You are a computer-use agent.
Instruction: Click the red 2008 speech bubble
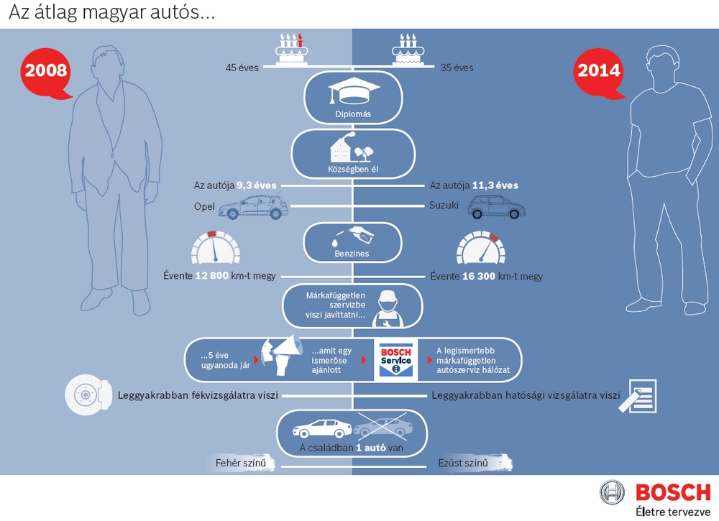click(x=46, y=73)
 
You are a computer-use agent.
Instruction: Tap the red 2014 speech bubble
click(x=599, y=73)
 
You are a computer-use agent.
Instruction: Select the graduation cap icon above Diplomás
click(x=354, y=91)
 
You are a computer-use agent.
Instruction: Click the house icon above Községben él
click(x=352, y=147)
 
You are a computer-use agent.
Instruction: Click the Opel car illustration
click(x=253, y=207)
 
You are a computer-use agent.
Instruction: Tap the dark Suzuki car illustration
click(x=497, y=207)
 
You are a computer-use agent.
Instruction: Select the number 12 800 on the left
click(x=212, y=276)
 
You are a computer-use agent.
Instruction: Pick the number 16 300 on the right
click(x=479, y=276)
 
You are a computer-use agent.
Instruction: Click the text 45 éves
click(x=242, y=68)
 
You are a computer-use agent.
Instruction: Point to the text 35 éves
click(x=457, y=68)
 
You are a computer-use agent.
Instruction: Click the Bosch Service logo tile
click(x=395, y=360)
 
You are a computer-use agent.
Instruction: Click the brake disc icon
click(x=88, y=395)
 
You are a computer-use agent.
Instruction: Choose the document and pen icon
click(x=638, y=395)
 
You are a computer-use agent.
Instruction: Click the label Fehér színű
click(x=241, y=464)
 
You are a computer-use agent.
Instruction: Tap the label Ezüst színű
click(x=463, y=464)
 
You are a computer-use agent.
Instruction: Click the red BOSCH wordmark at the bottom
click(x=674, y=492)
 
